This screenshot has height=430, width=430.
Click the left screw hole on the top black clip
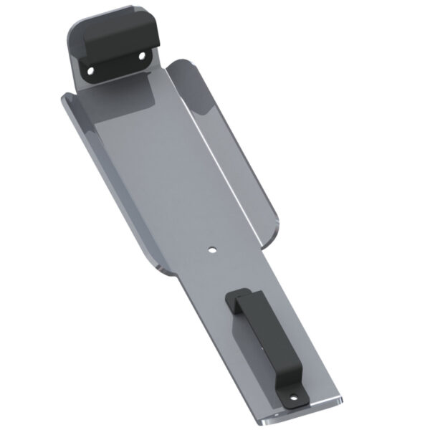[91, 70]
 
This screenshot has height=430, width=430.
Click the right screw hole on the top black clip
[141, 55]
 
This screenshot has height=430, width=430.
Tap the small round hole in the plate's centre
[211, 251]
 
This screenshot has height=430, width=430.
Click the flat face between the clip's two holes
[116, 62]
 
